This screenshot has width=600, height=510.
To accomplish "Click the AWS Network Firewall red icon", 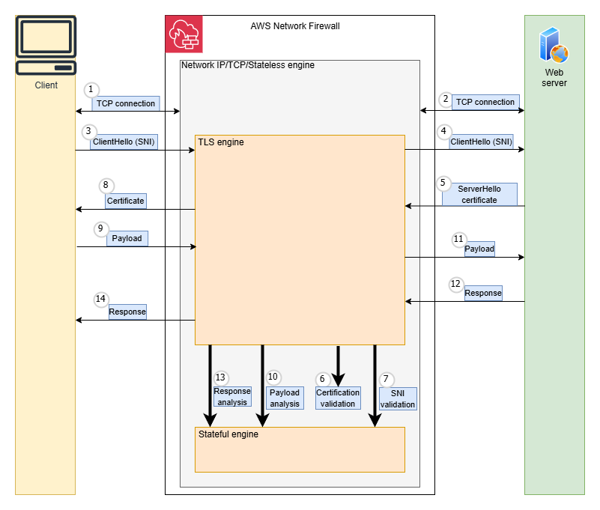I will [x=184, y=34].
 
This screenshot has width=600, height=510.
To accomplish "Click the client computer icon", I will [x=46, y=46].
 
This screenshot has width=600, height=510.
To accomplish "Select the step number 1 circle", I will [x=91, y=89].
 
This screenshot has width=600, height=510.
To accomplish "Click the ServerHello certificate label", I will [x=479, y=195].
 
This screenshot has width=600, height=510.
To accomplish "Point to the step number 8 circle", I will [x=106, y=184].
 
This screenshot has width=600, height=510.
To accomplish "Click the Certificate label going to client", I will [x=125, y=201].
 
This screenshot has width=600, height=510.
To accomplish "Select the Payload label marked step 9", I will [x=127, y=239].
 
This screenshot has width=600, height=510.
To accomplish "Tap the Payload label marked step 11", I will [x=479, y=249].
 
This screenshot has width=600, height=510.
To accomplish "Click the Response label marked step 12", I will [x=483, y=293].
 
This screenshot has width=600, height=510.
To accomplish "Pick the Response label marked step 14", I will [x=127, y=312].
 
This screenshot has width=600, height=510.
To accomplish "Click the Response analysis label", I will [x=232, y=396].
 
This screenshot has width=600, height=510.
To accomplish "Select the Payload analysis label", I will [x=285, y=398].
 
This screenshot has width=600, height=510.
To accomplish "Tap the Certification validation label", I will [x=338, y=398].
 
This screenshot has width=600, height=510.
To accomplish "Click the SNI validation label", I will [x=398, y=398].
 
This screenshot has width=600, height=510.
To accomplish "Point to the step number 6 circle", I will [x=323, y=379].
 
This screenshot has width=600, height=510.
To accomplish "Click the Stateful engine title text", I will [x=228, y=434].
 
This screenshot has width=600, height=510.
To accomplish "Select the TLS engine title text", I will [x=220, y=142].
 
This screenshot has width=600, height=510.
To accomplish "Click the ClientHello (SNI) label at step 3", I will [x=124, y=141].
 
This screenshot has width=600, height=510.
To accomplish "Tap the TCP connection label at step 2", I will [x=485, y=102].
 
